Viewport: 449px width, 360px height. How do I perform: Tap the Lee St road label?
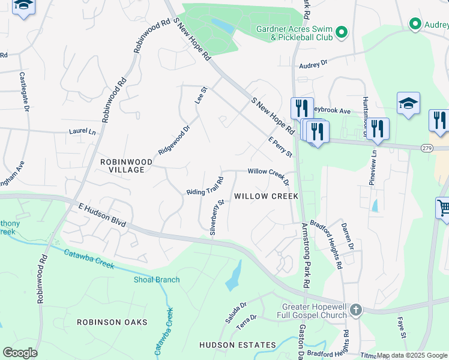(200, 96)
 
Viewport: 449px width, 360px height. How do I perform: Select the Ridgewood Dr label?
(174, 139)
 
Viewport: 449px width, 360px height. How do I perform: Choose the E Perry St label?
(280, 147)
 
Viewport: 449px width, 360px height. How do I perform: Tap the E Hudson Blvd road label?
(101, 214)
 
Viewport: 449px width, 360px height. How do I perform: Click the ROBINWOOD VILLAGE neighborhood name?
(122, 166)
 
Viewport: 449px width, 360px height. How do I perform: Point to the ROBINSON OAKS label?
(112, 322)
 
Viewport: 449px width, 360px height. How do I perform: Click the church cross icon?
(356, 310)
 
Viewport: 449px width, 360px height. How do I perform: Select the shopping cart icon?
(444, 208)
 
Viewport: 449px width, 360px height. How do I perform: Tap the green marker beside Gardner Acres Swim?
(342, 32)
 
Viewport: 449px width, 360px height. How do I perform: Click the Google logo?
(20, 352)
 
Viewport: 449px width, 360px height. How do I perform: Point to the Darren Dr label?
(346, 233)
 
